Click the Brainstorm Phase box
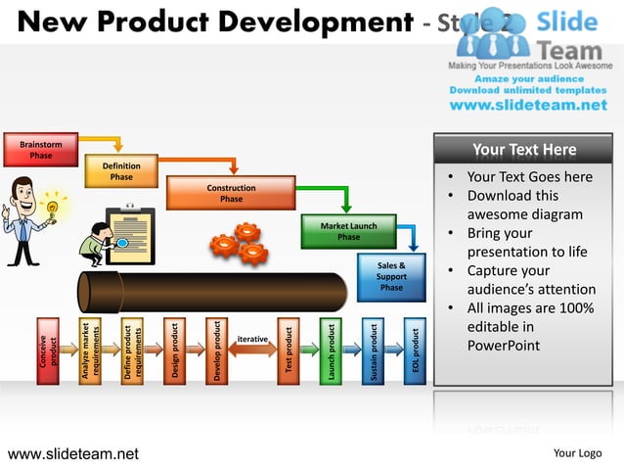point(41,150)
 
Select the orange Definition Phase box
point(121,171)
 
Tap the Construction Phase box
point(231,193)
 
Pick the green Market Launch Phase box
point(348,231)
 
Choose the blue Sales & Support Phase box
point(391,276)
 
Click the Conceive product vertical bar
point(47,351)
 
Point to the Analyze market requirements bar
point(90,351)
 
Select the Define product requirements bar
point(132,351)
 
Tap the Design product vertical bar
point(174,351)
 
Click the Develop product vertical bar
point(216,351)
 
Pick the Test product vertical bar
point(289,351)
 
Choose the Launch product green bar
point(331,351)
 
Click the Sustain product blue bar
point(373,351)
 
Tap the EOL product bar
point(415,351)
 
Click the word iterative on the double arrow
point(252,339)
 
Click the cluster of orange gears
point(241,244)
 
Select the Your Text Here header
point(523,150)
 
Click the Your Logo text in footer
point(577,453)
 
